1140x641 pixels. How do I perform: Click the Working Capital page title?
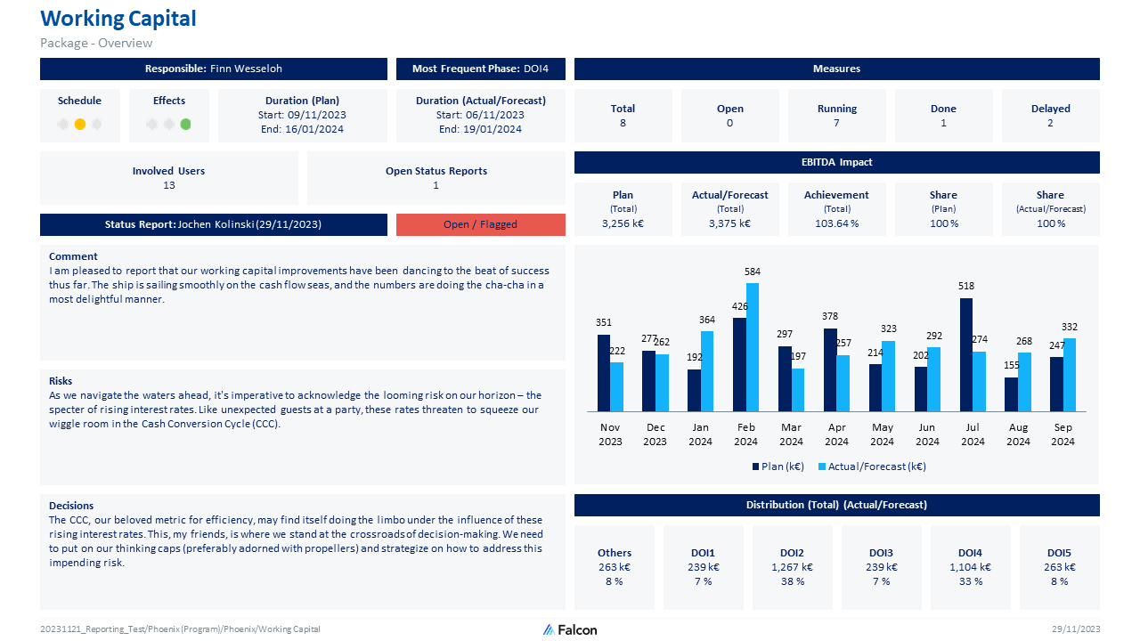click(x=118, y=19)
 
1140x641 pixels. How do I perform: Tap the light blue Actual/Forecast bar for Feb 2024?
click(x=753, y=347)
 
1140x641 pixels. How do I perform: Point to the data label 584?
click(x=753, y=272)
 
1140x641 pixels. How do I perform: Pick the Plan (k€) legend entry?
click(x=778, y=467)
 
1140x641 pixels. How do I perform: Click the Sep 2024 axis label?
click(x=1063, y=434)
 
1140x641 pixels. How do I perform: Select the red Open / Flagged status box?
click(x=480, y=224)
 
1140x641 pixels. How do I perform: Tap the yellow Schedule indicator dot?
click(x=80, y=125)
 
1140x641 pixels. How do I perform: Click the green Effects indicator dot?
click(x=185, y=125)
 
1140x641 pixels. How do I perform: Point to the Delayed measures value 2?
click(x=1050, y=123)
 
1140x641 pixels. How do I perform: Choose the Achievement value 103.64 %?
click(x=836, y=223)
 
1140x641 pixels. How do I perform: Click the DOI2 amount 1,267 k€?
click(x=792, y=567)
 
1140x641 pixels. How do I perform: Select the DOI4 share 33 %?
click(x=970, y=581)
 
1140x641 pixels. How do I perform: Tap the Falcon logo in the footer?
click(x=570, y=629)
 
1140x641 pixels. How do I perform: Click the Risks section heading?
click(x=61, y=381)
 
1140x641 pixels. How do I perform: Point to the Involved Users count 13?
click(x=169, y=185)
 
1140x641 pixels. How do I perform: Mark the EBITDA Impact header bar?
click(x=836, y=162)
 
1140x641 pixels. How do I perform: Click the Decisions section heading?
click(x=71, y=506)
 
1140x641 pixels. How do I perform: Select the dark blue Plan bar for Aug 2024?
click(x=1011, y=394)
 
